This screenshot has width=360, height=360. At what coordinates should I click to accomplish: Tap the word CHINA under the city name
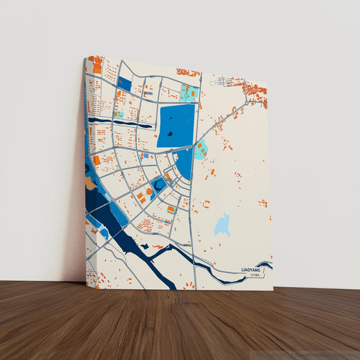point(254,275)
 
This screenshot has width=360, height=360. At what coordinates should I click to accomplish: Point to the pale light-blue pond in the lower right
point(222,225)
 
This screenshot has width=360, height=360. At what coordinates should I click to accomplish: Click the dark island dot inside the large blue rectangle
point(170,134)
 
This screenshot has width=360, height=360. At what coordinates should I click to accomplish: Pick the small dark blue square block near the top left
point(124,84)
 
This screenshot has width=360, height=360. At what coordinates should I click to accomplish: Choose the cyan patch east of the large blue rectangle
point(200,151)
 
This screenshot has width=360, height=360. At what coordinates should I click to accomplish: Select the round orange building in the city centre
point(149,192)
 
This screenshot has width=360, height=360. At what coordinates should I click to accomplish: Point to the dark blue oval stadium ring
point(158,184)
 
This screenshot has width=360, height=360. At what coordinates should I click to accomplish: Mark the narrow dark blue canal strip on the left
point(111,123)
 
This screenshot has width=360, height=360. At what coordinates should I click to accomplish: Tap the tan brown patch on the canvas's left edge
point(90,183)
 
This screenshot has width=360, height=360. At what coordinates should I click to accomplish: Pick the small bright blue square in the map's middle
point(146,156)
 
